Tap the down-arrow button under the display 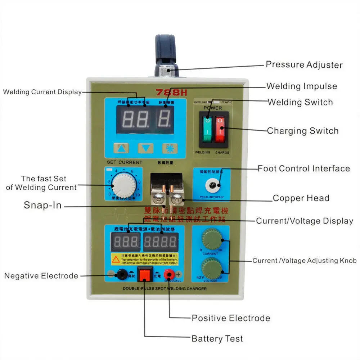click(145, 148)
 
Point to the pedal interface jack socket click(211, 186)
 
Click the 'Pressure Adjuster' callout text click(304, 65)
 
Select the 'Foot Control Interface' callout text click(303, 168)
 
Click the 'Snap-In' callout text click(42, 205)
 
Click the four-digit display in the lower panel click(160, 242)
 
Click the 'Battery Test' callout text click(217, 339)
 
